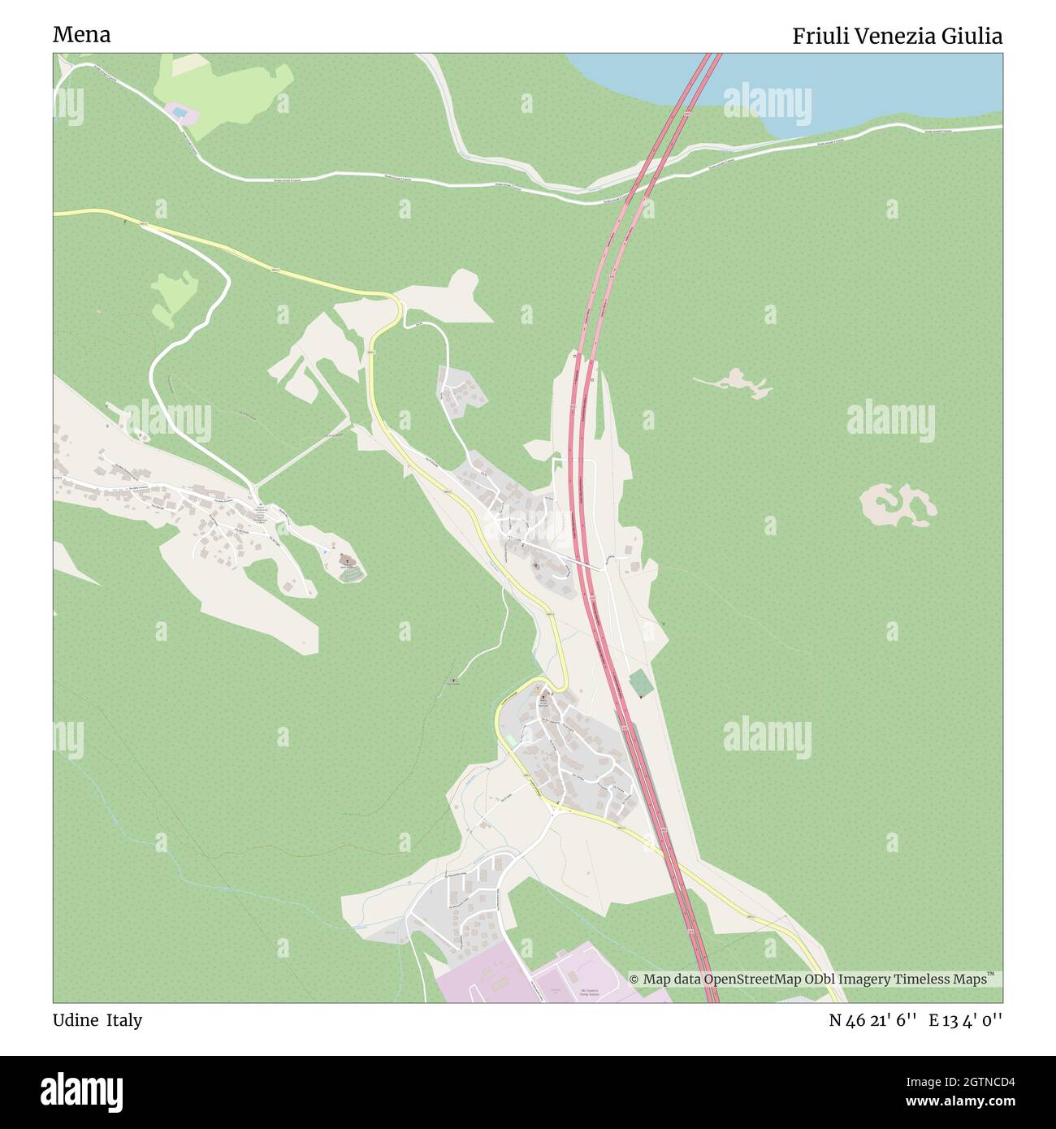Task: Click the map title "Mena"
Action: click(82, 35)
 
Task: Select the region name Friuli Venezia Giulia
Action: click(897, 37)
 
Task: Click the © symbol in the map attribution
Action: click(634, 980)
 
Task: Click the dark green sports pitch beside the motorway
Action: click(640, 683)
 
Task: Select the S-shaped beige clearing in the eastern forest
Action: click(898, 504)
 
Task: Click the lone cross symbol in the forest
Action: click(453, 680)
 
